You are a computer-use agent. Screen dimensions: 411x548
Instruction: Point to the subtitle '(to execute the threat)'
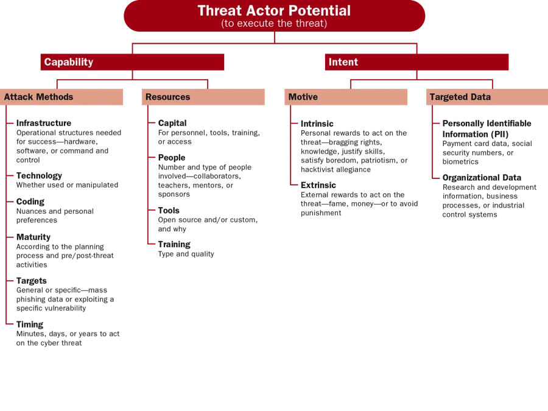point(274,24)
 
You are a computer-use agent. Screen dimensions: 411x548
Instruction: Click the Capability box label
point(69,62)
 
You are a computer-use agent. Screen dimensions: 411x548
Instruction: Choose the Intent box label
point(343,62)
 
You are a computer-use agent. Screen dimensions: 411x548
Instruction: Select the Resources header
point(168,97)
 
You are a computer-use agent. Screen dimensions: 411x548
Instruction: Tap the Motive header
point(303,97)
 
